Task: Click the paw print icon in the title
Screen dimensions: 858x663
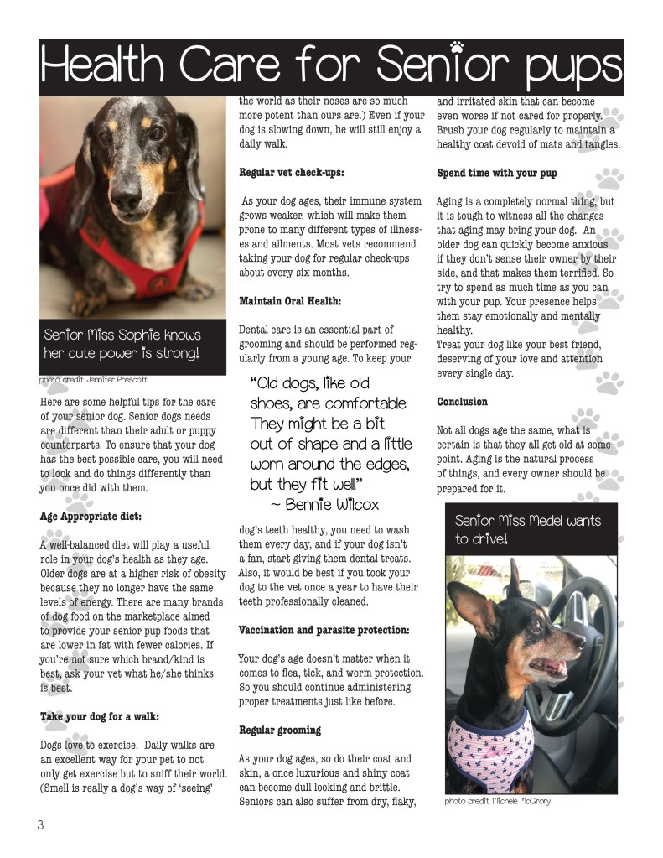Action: [457, 48]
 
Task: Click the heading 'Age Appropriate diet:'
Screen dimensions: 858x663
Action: [91, 517]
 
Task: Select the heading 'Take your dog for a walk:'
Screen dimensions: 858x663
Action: [100, 717]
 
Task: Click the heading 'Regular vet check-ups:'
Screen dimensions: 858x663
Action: [292, 174]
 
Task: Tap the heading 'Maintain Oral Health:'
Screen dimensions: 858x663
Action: [290, 301]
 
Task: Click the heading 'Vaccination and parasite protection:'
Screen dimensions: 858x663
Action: [324, 630]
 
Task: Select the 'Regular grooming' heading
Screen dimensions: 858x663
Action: [280, 731]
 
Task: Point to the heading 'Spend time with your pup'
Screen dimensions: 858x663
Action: [497, 174]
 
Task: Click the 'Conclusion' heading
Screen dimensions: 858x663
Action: [463, 403]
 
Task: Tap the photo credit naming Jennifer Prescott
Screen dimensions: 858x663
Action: [95, 380]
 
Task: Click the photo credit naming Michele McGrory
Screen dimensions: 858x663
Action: [497, 801]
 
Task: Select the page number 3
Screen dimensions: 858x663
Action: [39, 825]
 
